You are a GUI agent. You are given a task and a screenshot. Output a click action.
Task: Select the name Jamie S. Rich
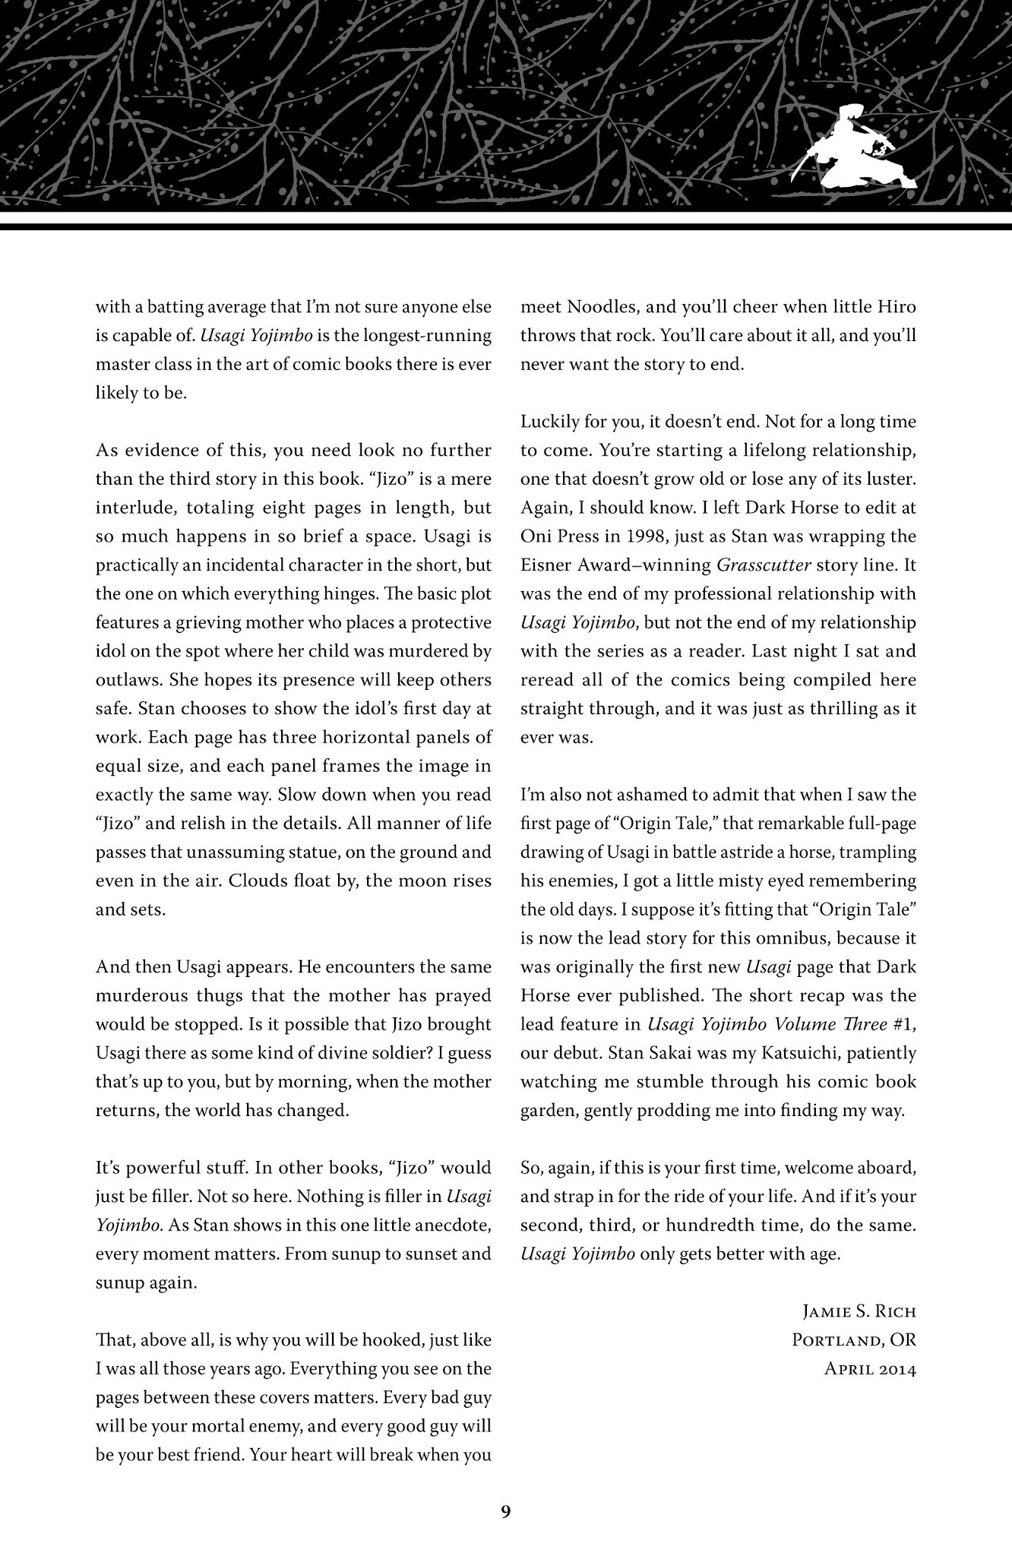coord(859,1312)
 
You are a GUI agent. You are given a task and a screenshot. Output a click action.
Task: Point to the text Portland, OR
coord(854,1341)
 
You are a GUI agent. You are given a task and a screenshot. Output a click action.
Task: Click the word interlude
coord(131,508)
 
